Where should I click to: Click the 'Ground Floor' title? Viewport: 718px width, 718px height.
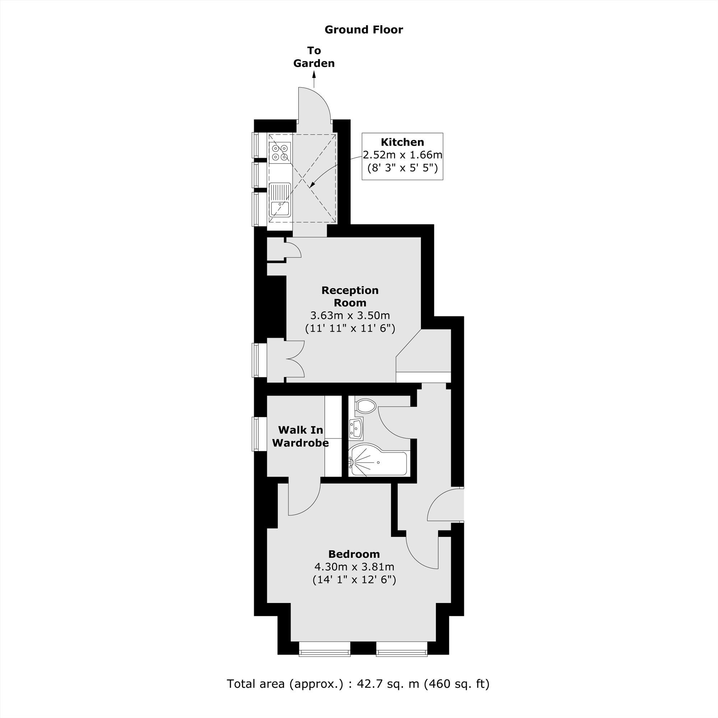(363, 30)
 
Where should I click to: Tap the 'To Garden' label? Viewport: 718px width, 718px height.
(314, 57)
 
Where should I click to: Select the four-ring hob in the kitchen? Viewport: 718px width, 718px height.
(280, 153)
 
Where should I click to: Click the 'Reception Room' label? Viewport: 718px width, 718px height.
(350, 296)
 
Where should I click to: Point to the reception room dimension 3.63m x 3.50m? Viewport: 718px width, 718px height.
(350, 316)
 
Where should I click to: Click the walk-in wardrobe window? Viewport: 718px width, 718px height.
(256, 434)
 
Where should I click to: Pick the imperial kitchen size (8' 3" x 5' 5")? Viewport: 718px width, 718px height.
(402, 168)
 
